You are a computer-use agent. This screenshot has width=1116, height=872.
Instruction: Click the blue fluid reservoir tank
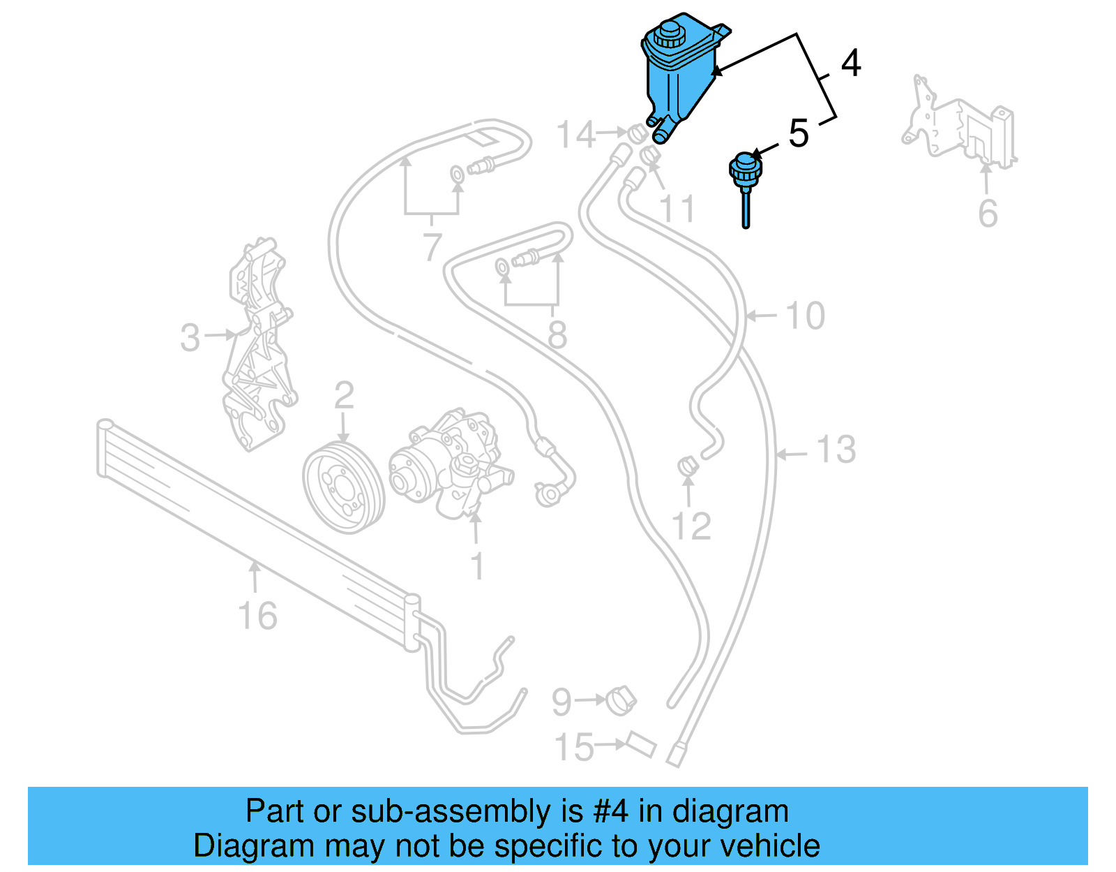coord(677,80)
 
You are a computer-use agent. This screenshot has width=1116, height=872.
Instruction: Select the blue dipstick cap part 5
coord(745,170)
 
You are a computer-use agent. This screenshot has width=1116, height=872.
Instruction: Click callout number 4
coord(850,64)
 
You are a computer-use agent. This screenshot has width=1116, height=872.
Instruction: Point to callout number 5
coord(798,133)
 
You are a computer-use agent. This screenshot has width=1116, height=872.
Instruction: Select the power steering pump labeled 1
coord(450,465)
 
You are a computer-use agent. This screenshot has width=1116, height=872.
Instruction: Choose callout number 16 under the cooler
coord(257,616)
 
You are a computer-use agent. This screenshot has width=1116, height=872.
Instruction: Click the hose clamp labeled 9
coord(620,700)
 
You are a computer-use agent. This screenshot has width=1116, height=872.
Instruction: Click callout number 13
coord(836,450)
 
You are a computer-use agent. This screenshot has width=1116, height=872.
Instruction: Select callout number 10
coord(805,316)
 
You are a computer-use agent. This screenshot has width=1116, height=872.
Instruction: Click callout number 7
coord(432,246)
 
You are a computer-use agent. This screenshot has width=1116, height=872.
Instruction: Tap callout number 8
coord(557,335)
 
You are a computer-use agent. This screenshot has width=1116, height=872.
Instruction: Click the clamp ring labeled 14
coord(636,132)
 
